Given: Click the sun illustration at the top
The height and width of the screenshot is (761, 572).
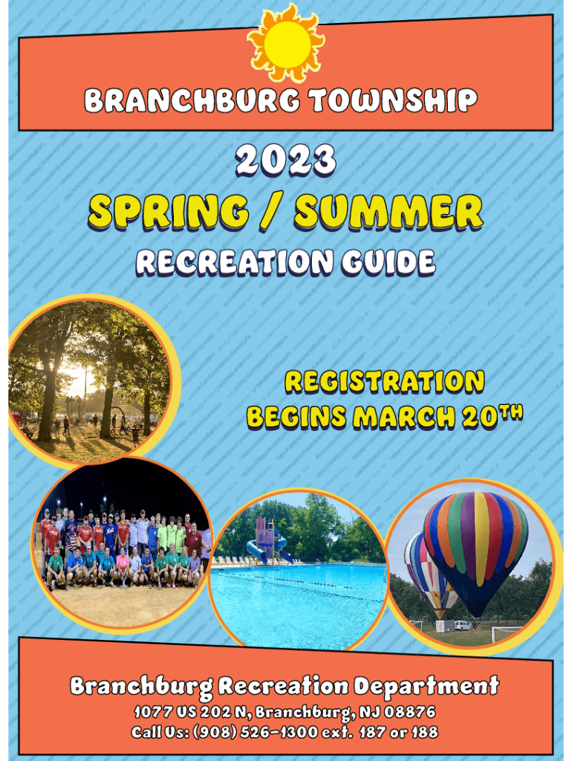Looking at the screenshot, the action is click(286, 44).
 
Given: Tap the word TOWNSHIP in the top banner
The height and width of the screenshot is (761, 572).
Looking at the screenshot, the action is click(394, 101).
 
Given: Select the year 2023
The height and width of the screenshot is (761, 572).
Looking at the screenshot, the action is click(286, 161).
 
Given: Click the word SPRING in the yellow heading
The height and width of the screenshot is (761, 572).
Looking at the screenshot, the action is click(169, 212).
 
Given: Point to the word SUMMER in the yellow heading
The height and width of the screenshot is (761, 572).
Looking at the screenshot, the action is click(389, 212).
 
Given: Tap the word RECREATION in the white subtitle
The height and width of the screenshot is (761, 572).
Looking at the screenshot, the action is click(235, 262).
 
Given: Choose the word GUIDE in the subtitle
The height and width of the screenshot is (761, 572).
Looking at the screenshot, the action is click(388, 262).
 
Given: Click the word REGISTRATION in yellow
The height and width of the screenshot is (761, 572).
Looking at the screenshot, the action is click(385, 382).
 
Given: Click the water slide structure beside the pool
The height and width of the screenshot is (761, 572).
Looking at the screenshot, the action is click(267, 541).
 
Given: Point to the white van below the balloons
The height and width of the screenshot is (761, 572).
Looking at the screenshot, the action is click(462, 626).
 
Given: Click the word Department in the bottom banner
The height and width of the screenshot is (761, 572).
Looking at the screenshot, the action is click(426, 686).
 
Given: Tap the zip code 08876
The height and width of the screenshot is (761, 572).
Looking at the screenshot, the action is click(409, 713).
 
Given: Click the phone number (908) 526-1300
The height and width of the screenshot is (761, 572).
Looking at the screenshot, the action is click(256, 732).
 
